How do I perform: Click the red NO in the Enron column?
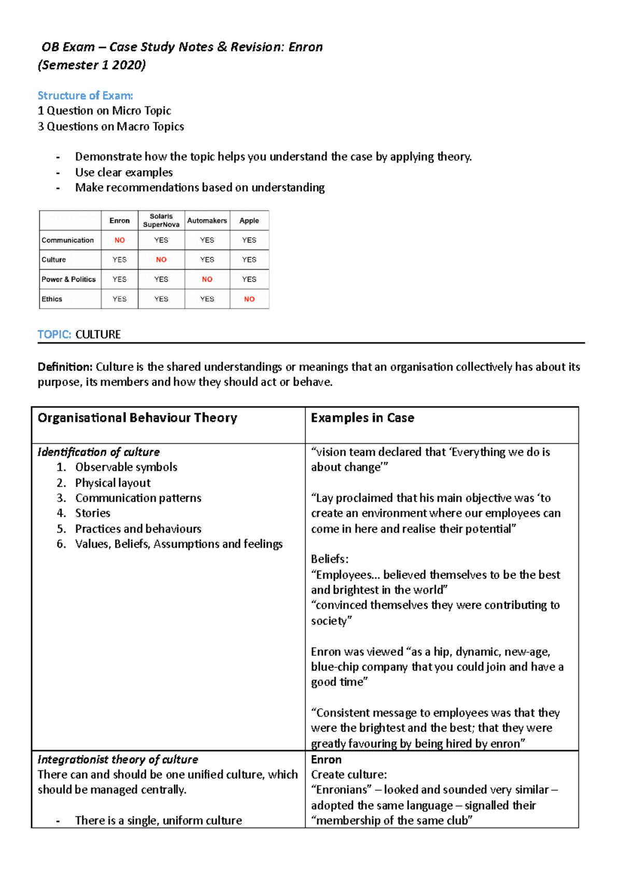pyautogui.click(x=119, y=240)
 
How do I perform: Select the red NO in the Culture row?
pyautogui.click(x=161, y=259)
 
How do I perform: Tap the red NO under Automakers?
pyautogui.click(x=207, y=279)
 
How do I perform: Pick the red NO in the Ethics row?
pyautogui.click(x=249, y=299)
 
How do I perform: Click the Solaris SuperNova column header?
pyautogui.click(x=161, y=221)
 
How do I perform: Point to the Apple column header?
pyautogui.click(x=249, y=221)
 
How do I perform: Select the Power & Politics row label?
pyautogui.click(x=68, y=279)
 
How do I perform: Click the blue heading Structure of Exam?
pyautogui.click(x=86, y=95)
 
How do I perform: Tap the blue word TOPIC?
pyautogui.click(x=54, y=335)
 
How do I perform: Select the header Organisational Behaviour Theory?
pyautogui.click(x=137, y=418)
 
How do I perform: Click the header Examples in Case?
pyautogui.click(x=362, y=418)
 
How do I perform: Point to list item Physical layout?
pyautogui.click(x=112, y=483)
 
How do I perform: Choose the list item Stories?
pyautogui.click(x=93, y=513)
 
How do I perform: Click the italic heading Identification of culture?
pyautogui.click(x=98, y=452)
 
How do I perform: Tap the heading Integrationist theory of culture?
pyautogui.click(x=118, y=760)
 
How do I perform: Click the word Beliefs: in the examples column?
pyautogui.click(x=330, y=559)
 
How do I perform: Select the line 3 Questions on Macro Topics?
pyautogui.click(x=111, y=127)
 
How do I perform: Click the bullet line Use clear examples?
pyautogui.click(x=124, y=172)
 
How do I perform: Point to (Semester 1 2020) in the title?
pyautogui.click(x=92, y=65)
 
